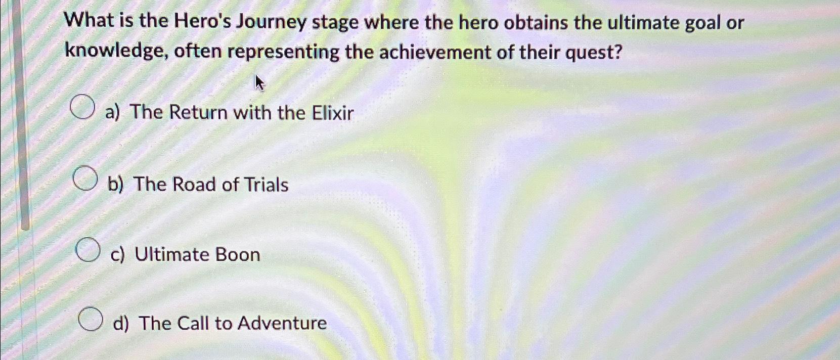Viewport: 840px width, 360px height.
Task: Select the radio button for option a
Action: pos(82,108)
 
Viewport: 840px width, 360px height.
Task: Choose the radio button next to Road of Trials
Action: pos(84,178)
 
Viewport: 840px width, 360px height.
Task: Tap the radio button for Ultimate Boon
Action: pos(87,250)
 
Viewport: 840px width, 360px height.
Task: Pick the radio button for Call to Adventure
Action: pos(91,319)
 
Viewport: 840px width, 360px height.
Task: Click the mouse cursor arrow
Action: pos(259,82)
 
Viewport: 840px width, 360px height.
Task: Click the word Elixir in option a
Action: pos(332,112)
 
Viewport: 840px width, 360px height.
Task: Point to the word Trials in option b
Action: pos(266,185)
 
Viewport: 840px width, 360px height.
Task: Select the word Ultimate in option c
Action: pos(169,254)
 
